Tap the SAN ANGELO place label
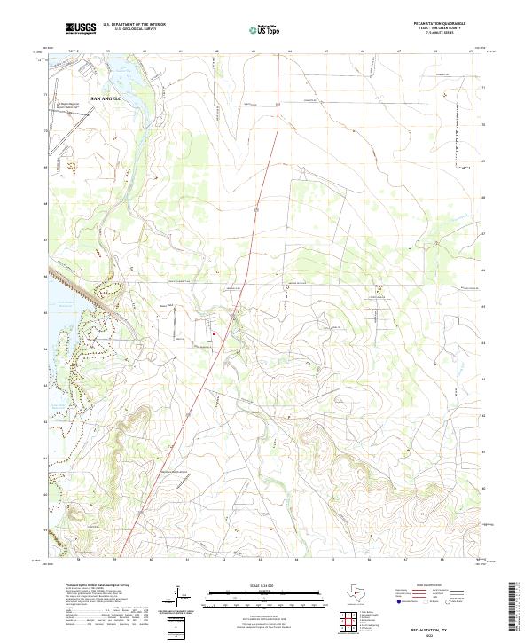pyautogui.click(x=106, y=98)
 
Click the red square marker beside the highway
pyautogui.click(x=214, y=333)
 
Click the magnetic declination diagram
pyautogui.click(x=177, y=596)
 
